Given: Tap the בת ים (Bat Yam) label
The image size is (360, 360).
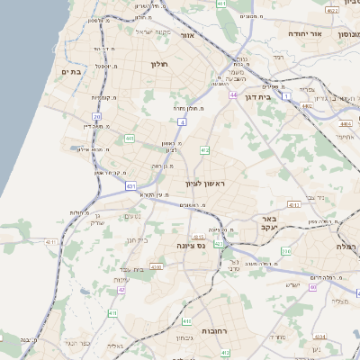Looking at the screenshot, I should tap(71, 70).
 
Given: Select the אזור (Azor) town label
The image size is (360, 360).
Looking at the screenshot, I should tap(188, 36).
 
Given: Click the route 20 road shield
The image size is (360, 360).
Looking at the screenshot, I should tap(97, 116).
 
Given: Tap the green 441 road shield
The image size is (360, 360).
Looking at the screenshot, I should tap(130, 139).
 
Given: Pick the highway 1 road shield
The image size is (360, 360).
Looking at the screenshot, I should tap(284, 94).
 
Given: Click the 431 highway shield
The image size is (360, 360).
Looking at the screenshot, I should tap(131, 187).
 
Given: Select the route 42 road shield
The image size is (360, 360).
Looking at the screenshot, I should tap(121, 290).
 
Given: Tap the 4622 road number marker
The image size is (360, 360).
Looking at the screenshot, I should tap(333, 11).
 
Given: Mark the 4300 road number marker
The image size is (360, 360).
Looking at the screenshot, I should tap(157, 267).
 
